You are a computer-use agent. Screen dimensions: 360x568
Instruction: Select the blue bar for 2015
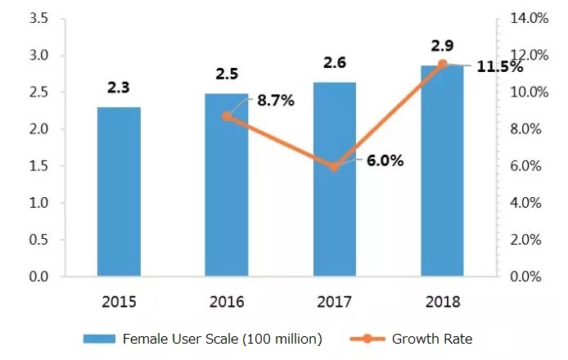pos(119,192)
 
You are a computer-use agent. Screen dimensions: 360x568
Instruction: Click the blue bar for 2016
pos(227,186)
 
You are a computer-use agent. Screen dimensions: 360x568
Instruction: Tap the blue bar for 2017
pos(334,180)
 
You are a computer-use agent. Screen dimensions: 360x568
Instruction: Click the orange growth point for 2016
pos(227,116)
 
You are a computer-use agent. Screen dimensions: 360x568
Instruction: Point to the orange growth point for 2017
pos(334,166)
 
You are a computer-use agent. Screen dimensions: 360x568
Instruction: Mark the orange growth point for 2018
pos(442,64)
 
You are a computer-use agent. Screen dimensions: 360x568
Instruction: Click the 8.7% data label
pos(275,101)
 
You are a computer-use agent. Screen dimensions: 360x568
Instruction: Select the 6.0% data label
pos(385,161)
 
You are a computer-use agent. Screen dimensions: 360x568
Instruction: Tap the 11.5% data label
pos(500,67)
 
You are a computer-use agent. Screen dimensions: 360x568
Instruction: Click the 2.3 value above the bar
pos(118,88)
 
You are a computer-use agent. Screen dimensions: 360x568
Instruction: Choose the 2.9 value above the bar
pos(443,45)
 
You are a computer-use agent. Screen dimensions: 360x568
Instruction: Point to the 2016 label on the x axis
pos(227,302)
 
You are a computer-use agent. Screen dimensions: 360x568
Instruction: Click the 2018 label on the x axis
pos(443,302)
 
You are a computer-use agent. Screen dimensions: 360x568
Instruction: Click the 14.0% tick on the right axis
pos(530,18)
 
